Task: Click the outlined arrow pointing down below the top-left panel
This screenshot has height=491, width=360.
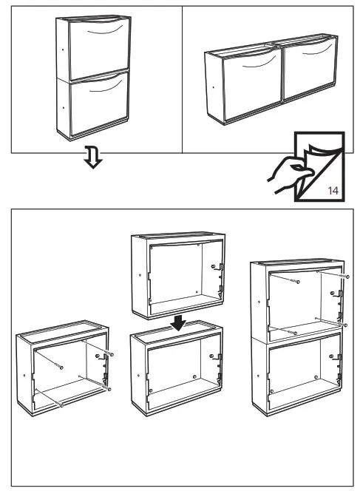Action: click(93, 158)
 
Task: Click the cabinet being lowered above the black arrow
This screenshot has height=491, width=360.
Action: click(177, 274)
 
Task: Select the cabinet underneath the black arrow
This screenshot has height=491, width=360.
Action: click(177, 373)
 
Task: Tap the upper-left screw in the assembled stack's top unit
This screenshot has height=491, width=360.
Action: click(296, 282)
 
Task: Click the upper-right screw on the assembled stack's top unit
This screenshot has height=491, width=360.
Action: click(344, 275)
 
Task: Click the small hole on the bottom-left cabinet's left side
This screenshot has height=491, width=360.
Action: click(24, 375)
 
